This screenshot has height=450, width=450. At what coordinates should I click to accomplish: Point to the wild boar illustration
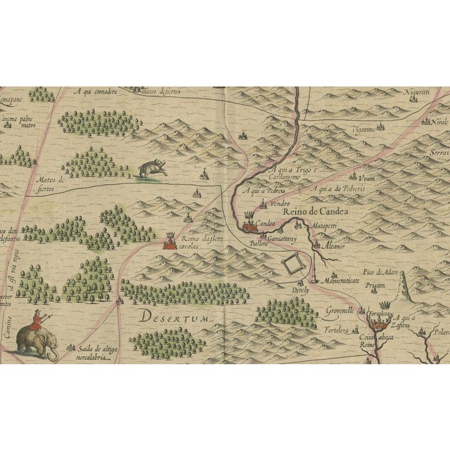click(150, 169)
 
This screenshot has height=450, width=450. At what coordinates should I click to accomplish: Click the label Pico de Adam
click(380, 271)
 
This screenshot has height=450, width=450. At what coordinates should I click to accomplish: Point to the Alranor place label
click(334, 246)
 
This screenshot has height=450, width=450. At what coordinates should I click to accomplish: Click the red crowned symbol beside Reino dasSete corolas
click(169, 243)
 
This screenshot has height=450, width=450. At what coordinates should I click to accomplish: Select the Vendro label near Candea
click(261, 202)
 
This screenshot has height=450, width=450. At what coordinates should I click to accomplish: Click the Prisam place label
click(373, 286)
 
